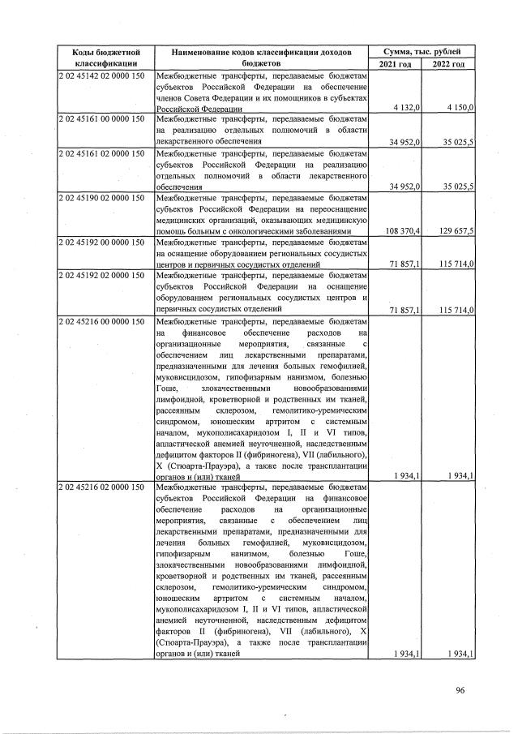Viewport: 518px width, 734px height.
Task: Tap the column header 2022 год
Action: (x=448, y=63)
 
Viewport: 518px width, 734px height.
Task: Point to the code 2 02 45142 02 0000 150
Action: (x=101, y=75)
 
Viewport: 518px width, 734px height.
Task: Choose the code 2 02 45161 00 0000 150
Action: (x=101, y=118)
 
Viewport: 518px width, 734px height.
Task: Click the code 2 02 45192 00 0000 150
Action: (x=101, y=241)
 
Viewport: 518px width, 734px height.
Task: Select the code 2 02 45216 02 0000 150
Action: (x=101, y=487)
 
